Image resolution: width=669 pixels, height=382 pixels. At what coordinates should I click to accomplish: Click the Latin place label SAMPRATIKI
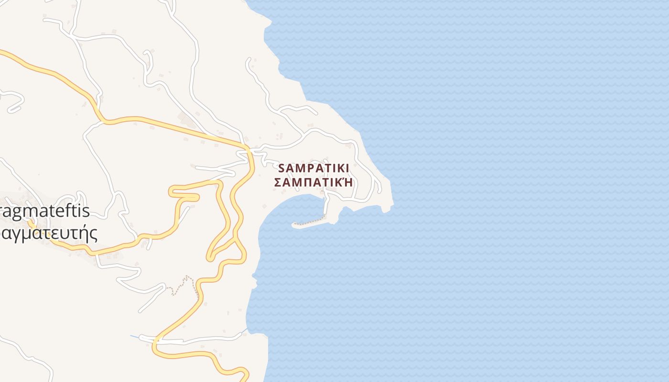313,168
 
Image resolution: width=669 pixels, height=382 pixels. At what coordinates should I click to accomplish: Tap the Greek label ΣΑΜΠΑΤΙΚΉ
314,182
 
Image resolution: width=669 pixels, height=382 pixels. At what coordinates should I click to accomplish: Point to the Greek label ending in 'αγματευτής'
48,233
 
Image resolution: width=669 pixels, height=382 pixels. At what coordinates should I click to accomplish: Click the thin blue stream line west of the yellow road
134,336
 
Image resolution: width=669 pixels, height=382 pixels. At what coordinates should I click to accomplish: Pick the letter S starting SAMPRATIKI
281,168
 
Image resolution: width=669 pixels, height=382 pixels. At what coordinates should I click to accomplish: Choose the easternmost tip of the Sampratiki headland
393,205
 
